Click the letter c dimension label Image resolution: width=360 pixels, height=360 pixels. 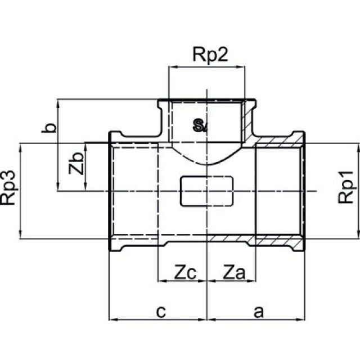160,311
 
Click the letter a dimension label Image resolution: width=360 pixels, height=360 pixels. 258,311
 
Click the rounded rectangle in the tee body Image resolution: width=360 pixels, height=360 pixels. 206,191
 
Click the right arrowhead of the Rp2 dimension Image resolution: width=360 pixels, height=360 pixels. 243,67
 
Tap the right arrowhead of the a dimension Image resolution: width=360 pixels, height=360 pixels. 303,319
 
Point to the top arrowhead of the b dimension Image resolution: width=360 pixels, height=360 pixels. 58,102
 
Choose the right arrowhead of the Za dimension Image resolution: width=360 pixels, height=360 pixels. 254,279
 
